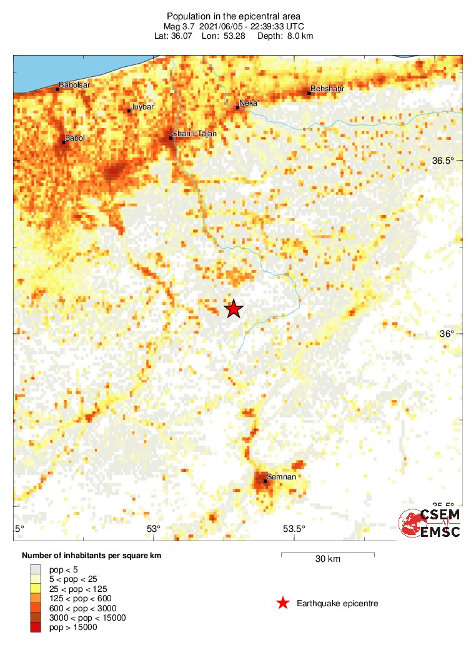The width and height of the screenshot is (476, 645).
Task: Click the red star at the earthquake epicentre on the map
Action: click(234, 309)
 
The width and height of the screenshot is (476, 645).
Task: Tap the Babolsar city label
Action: click(74, 85)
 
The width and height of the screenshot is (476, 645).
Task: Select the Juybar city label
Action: click(142, 107)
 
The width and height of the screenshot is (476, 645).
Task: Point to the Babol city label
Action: click(75, 138)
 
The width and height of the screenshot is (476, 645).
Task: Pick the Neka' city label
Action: click(249, 103)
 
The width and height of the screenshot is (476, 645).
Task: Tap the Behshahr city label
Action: click(328, 89)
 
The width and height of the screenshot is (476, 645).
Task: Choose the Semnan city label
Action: click(281, 477)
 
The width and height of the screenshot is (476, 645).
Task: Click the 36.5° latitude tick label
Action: click(444, 161)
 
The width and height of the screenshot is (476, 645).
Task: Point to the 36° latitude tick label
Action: click(447, 334)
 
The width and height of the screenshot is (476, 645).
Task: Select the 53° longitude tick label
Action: click(154, 529)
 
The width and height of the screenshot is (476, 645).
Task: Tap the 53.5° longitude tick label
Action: click(294, 529)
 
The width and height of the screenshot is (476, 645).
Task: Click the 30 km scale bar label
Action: click(327, 559)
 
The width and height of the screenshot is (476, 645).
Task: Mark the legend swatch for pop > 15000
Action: click(36, 627)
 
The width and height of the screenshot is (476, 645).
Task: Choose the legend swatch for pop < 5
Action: click(36, 569)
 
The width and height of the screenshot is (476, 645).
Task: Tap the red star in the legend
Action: click(283, 603)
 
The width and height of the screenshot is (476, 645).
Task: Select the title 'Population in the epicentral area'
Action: click(234, 16)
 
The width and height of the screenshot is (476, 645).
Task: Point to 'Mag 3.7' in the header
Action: click(179, 26)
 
